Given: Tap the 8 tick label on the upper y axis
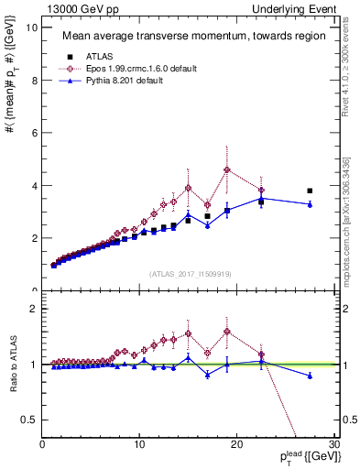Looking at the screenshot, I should (34, 80).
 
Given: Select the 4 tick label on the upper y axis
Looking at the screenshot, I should (34, 185).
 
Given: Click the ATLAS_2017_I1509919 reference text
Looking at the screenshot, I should (190, 273).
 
